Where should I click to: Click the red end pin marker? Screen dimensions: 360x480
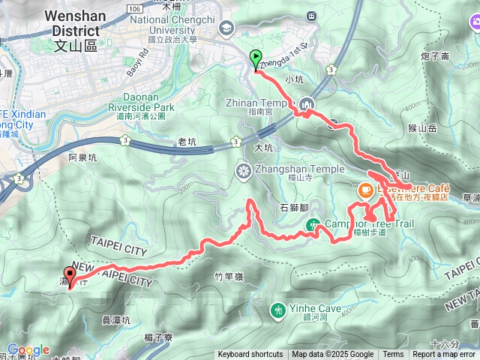pos(70,276)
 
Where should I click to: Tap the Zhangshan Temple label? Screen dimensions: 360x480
pos(292,169)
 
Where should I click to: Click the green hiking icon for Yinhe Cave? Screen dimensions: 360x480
pos(279,309)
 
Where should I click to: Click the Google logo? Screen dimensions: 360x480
pos(28,349)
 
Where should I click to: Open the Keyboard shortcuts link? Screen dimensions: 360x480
pos(250,355)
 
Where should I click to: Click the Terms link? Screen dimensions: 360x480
pos(393,355)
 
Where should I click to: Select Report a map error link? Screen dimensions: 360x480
pos(444,355)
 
